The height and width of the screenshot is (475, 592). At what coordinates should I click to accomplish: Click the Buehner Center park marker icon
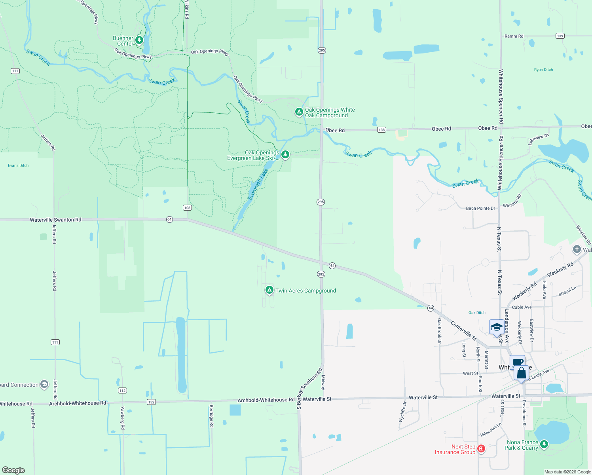click(x=139, y=40)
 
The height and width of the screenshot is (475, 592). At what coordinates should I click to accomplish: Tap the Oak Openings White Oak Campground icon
click(x=299, y=112)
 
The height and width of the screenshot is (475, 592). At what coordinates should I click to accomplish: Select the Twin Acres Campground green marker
click(x=269, y=290)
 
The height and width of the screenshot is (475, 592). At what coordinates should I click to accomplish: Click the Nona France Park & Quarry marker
click(x=544, y=444)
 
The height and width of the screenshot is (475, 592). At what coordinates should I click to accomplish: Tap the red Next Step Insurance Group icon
click(x=481, y=448)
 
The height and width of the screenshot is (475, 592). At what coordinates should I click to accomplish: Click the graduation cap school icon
click(x=496, y=327)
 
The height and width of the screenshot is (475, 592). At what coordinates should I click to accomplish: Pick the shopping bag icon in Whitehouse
click(x=522, y=373)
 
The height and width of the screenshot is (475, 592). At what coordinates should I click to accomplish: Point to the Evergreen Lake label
click(x=258, y=184)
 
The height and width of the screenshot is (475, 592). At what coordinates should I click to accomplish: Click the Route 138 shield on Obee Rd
click(x=381, y=130)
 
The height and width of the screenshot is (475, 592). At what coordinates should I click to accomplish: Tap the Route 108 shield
click(x=187, y=208)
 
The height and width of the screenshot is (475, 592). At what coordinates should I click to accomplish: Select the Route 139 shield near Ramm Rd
click(x=560, y=36)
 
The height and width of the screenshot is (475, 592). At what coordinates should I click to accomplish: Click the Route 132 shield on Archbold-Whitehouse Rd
click(x=151, y=402)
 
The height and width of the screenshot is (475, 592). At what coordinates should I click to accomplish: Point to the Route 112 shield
click(x=122, y=391)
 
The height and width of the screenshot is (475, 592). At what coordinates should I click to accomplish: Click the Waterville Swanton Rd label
click(x=55, y=220)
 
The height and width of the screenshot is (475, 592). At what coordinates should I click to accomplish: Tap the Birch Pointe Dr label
click(x=480, y=208)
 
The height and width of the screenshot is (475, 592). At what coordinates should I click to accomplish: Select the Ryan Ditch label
click(x=543, y=70)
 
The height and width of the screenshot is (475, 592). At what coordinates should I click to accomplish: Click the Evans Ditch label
click(x=18, y=165)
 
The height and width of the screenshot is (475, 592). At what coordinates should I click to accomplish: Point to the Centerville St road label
click(x=464, y=331)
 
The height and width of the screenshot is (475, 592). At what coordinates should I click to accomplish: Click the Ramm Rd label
click(x=514, y=36)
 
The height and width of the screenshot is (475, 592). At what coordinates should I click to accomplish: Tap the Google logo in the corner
click(x=13, y=470)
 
